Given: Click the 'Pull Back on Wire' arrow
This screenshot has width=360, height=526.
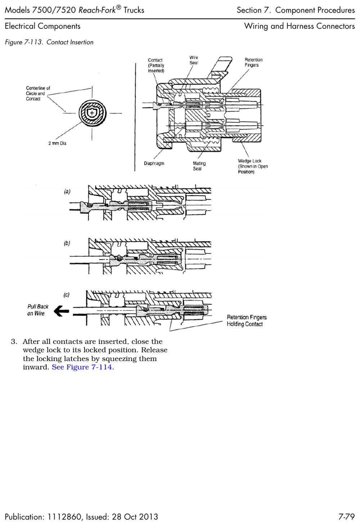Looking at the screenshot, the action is [61, 311].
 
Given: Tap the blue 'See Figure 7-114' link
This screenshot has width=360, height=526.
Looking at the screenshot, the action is [82, 367].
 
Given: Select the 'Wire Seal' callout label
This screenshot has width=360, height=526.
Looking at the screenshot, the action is [194, 60].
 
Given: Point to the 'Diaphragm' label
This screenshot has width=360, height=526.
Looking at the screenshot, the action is [154, 163].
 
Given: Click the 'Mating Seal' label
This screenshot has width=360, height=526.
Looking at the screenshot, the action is [199, 166].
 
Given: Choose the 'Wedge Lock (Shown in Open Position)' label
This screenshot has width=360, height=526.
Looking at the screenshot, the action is [253, 166].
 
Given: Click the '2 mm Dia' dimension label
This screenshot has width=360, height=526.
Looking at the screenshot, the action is [57, 143].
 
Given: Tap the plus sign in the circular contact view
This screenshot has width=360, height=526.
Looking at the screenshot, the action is [92, 113].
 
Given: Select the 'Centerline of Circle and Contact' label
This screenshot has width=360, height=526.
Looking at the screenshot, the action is [38, 93].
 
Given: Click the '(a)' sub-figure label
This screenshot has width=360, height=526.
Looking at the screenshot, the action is [67, 191].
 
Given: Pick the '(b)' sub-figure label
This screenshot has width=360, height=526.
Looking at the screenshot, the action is [67, 243].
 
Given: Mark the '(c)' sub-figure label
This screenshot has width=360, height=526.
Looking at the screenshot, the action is [67, 295].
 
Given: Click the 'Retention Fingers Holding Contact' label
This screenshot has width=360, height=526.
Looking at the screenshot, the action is [247, 321].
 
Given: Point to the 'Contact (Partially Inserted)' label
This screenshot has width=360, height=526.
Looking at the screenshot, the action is [156, 66].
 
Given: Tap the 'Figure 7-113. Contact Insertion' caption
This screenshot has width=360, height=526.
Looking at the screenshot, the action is [49, 42].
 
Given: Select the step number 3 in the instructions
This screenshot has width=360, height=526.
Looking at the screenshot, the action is [14, 342].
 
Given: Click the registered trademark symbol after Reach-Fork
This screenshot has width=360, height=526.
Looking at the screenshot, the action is [119, 8].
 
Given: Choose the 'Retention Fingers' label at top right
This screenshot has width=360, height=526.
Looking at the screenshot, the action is [253, 62].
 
